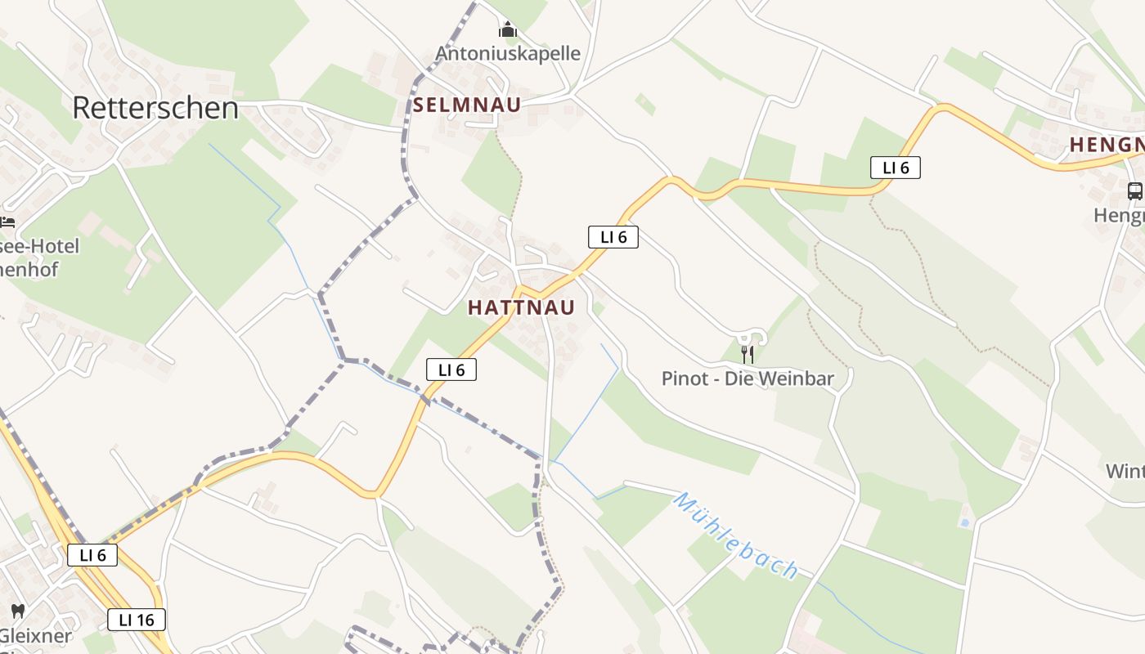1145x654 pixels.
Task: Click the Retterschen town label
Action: coord(155,108)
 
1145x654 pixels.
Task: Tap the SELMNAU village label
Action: coord(466,105)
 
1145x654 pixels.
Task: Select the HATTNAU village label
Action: coord(521,307)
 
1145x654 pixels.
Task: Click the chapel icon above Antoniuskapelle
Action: coord(508,30)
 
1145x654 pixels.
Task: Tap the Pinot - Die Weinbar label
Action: coord(748,379)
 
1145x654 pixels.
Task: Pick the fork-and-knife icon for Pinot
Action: coord(747,354)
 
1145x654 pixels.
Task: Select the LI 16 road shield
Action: coord(137,620)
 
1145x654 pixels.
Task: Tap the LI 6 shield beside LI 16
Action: coord(92,555)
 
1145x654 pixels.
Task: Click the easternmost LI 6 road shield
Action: coord(896,168)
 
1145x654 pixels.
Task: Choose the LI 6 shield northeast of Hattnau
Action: coord(613,237)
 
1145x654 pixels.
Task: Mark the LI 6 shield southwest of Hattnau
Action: coord(451,370)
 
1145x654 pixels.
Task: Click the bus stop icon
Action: coord(1134,191)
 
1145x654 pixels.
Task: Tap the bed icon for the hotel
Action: coord(7,222)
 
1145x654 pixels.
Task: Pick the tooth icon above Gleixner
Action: coord(18,611)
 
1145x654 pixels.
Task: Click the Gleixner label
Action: coord(36,635)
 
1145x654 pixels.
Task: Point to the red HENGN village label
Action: coord(1107,145)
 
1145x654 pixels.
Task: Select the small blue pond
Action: coord(965,522)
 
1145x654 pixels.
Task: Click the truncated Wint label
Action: coord(1125,472)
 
